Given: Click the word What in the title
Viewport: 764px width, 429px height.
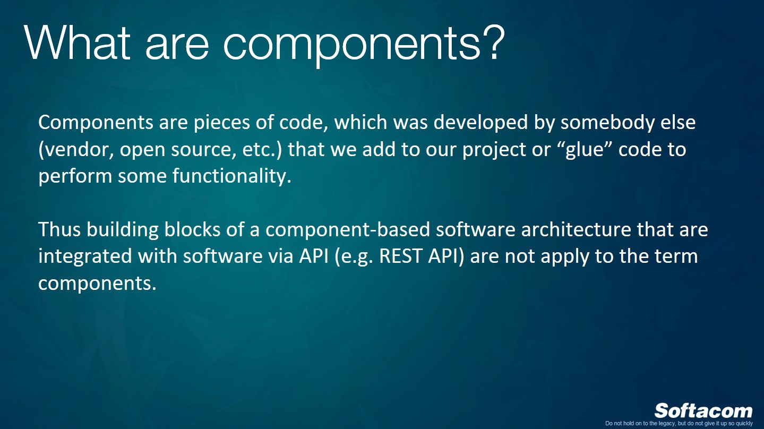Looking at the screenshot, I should (78, 42).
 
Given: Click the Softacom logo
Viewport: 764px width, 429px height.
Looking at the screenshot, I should (703, 410).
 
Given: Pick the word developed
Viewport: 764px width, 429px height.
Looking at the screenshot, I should (481, 123).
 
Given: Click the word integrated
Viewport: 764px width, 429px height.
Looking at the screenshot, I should (85, 256).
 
